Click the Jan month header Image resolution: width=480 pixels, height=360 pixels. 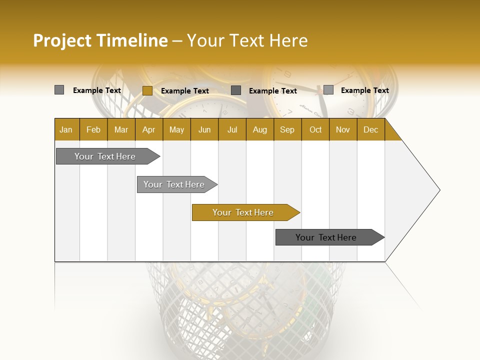[66, 129]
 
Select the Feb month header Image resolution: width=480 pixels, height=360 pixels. [93, 129]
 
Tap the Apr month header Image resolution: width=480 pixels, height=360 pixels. [148, 129]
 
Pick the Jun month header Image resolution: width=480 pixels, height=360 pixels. [204, 129]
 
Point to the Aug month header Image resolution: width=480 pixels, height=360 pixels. [259, 129]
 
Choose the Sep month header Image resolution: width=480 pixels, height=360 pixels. [287, 129]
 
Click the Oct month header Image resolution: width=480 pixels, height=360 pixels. [315, 129]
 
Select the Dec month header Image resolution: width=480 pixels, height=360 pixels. [370, 129]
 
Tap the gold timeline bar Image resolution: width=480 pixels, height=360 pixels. [244, 212]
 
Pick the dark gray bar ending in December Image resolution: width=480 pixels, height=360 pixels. [327, 237]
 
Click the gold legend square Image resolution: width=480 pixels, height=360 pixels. [147, 90]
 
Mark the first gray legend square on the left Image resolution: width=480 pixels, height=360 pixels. [59, 90]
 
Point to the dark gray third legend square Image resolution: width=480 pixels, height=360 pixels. [236, 90]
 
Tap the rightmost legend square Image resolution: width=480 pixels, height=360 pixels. [328, 90]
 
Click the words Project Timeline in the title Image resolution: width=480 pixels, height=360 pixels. [100, 40]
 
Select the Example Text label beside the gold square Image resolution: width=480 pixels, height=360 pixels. [184, 91]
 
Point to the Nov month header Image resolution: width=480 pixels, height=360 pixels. [343, 129]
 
